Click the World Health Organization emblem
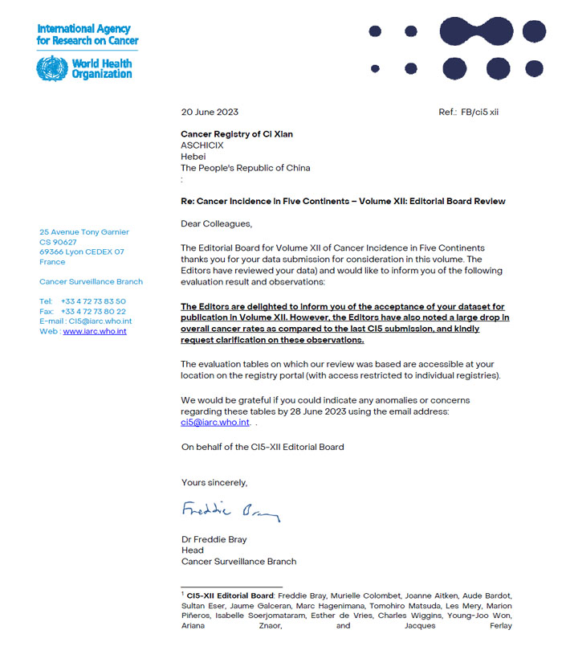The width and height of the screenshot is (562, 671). click(52, 68)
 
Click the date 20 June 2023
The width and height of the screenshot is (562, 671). click(210, 112)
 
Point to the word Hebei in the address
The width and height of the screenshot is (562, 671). click(193, 157)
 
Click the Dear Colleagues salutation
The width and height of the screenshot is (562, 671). click(216, 223)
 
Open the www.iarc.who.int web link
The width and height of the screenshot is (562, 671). click(94, 331)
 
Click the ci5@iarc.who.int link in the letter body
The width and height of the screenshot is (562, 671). click(214, 422)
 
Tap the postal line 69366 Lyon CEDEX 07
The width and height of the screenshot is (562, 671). click(82, 252)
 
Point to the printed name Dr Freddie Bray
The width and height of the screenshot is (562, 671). click(214, 539)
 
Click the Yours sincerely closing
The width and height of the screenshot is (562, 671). click(214, 482)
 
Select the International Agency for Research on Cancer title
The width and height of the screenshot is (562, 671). click(88, 35)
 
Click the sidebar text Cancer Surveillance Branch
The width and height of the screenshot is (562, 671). click(91, 282)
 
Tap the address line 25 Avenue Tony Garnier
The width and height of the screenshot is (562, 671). click(84, 232)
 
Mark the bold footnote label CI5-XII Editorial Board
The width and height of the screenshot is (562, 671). click(228, 595)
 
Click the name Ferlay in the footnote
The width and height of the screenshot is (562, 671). click(500, 626)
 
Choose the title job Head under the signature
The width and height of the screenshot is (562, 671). click(193, 550)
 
